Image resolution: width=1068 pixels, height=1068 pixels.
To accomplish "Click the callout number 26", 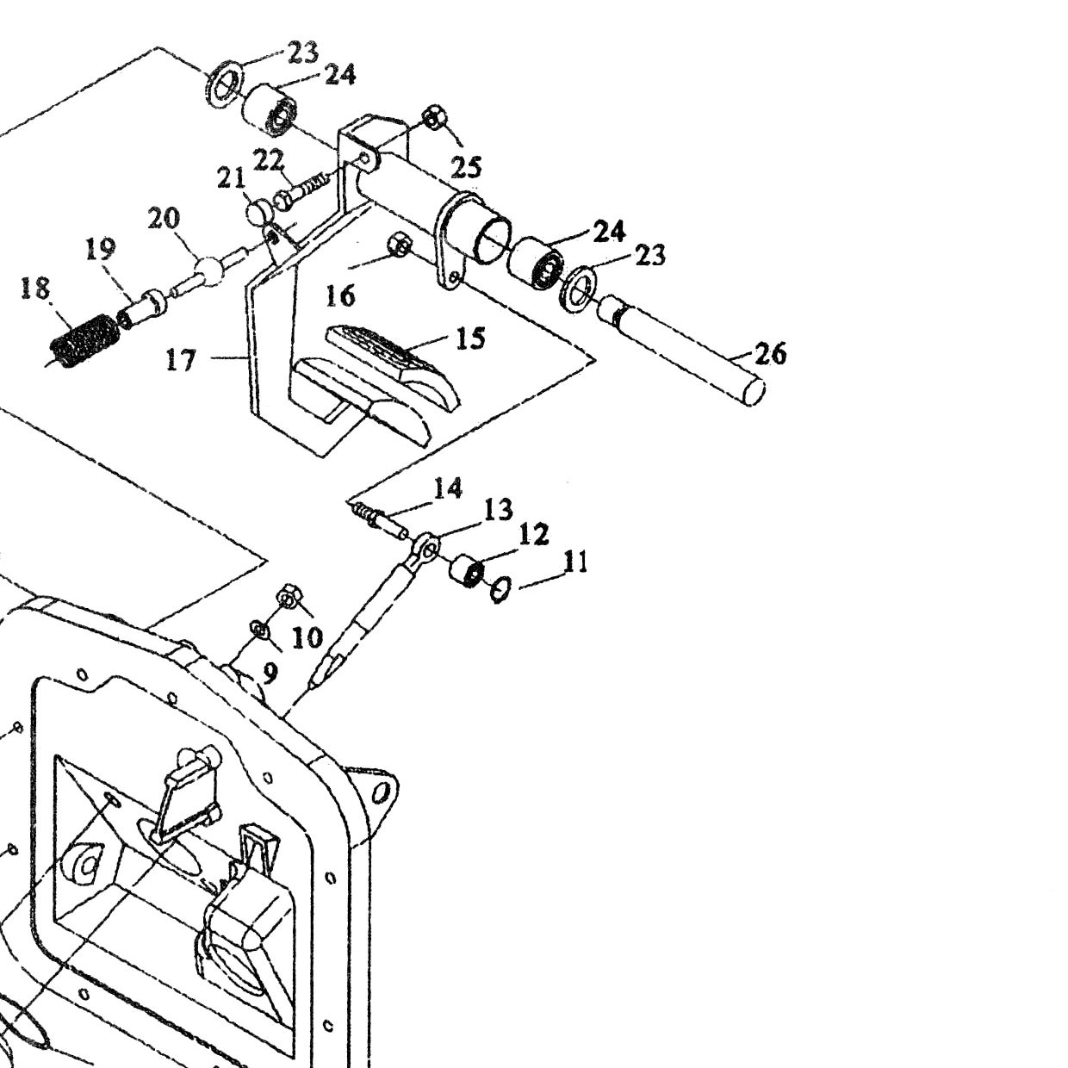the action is click(x=770, y=354).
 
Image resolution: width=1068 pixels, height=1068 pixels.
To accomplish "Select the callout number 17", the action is click(x=181, y=361).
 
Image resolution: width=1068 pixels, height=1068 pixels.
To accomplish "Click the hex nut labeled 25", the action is click(x=434, y=118).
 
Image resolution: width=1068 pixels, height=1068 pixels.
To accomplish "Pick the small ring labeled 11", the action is click(x=500, y=590).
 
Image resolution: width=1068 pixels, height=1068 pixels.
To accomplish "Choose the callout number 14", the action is click(x=447, y=489).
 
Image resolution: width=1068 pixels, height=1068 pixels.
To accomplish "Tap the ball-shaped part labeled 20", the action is click(x=208, y=269).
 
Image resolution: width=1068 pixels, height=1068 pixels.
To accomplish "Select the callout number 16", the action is click(x=340, y=296).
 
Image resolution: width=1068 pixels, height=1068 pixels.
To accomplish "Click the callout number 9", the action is click(x=269, y=673).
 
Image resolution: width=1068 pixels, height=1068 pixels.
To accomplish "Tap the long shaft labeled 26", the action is click(x=681, y=344).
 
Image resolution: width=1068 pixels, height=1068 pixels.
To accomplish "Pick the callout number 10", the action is click(x=307, y=638).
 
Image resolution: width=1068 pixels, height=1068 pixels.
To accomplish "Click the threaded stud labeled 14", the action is click(x=380, y=518).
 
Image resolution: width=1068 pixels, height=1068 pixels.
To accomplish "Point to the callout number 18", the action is click(x=35, y=289).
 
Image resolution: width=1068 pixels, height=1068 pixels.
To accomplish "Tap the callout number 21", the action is click(x=231, y=178).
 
